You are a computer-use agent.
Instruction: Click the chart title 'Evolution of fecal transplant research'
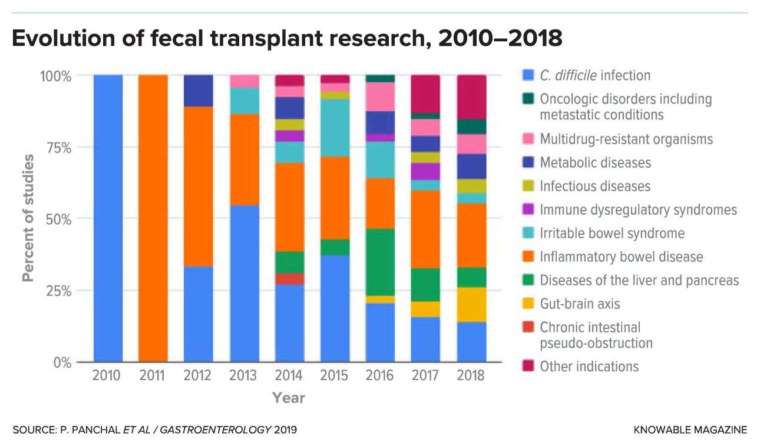pyautogui.click(x=286, y=39)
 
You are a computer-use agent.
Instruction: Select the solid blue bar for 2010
pyautogui.click(x=108, y=218)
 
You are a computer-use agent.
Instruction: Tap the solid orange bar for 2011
pyautogui.click(x=153, y=218)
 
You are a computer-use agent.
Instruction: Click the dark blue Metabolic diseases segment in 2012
pyautogui.click(x=199, y=91)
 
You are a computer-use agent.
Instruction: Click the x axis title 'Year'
pyautogui.click(x=289, y=398)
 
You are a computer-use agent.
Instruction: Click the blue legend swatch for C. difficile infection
pyautogui.click(x=528, y=75)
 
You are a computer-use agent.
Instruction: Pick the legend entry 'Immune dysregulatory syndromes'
pyautogui.click(x=638, y=209)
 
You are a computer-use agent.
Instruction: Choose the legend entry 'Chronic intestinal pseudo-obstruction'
pyautogui.click(x=596, y=335)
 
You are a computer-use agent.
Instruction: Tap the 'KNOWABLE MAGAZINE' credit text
pyautogui.click(x=690, y=430)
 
